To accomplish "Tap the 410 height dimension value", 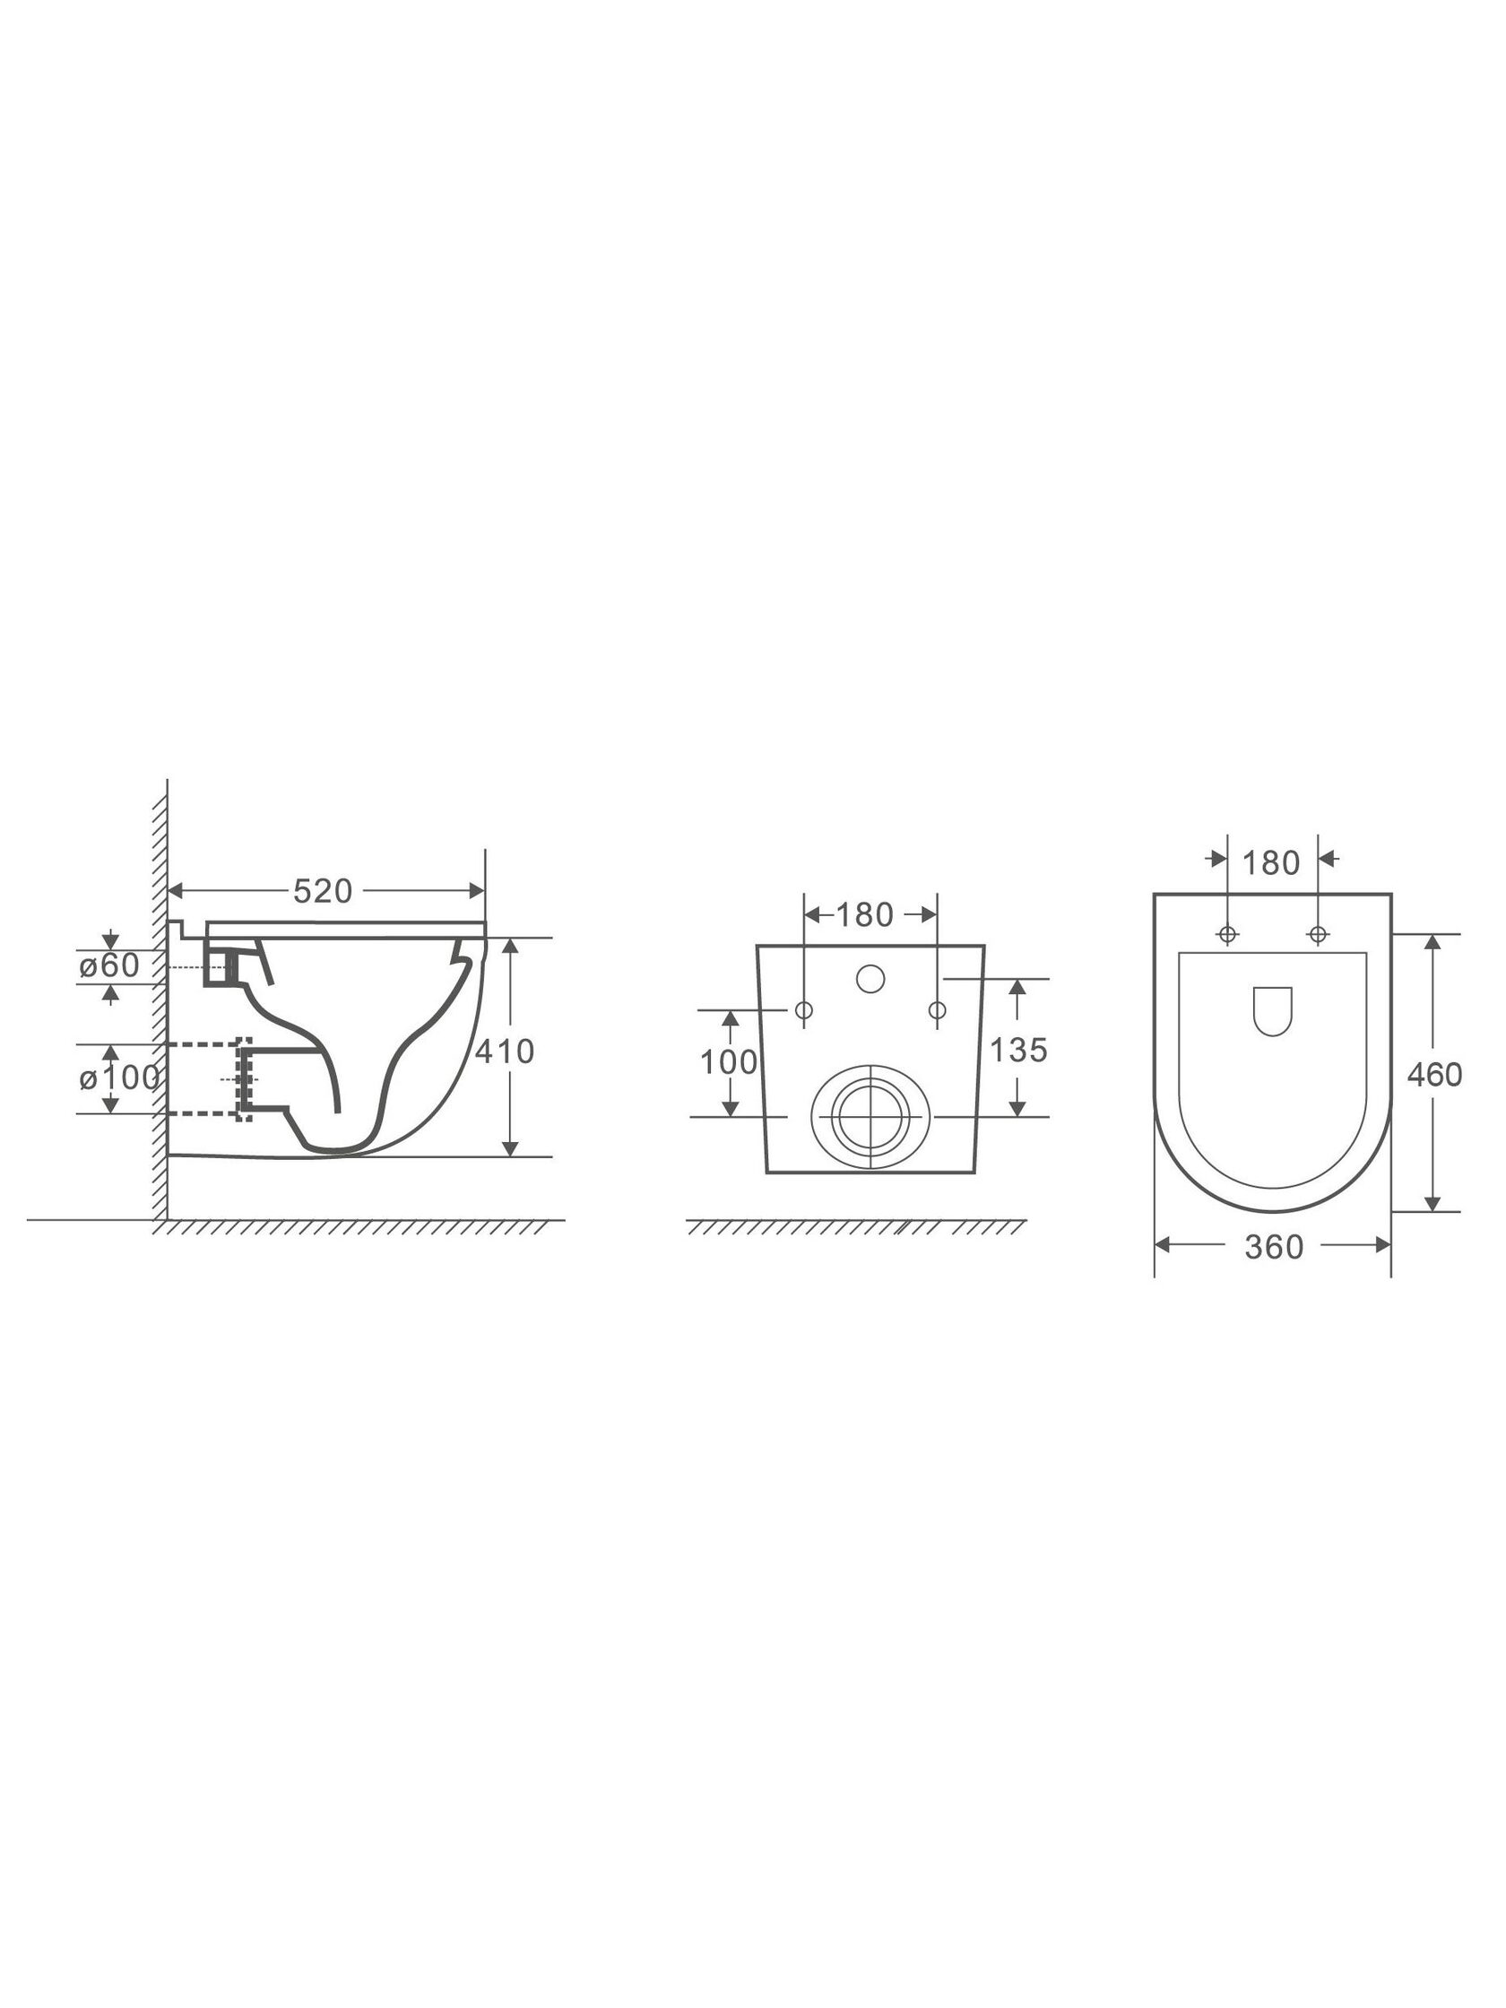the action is pyautogui.click(x=505, y=1052).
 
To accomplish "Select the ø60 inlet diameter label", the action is pyautogui.click(x=109, y=965).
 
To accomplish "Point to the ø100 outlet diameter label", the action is pyautogui.click(x=120, y=1078).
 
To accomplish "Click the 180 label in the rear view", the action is pyautogui.click(x=864, y=914).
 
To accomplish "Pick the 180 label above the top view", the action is pyautogui.click(x=1271, y=862).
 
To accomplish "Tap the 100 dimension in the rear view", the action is pyautogui.click(x=728, y=1062).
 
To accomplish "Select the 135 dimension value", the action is pyautogui.click(x=1018, y=1051).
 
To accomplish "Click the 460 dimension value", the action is pyautogui.click(x=1434, y=1075).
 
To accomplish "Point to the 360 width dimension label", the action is pyautogui.click(x=1274, y=1247).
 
